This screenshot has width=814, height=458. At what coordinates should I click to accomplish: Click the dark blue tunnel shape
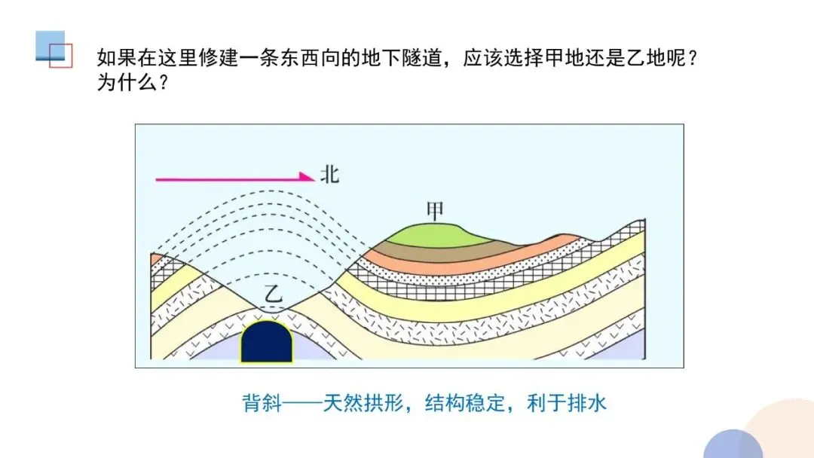coord(266,343)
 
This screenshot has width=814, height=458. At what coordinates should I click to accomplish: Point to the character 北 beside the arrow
coord(330,176)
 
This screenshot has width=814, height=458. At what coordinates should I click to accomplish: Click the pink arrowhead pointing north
coord(307,178)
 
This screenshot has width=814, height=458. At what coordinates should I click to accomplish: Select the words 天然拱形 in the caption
coord(363,403)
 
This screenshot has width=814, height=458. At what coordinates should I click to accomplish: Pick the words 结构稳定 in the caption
coord(465,403)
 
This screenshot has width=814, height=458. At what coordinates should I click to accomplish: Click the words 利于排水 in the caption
coord(567,403)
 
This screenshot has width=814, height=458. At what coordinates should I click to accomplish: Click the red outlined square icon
coord(60,56)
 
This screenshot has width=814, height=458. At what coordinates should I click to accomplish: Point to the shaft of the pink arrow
coord(226,179)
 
